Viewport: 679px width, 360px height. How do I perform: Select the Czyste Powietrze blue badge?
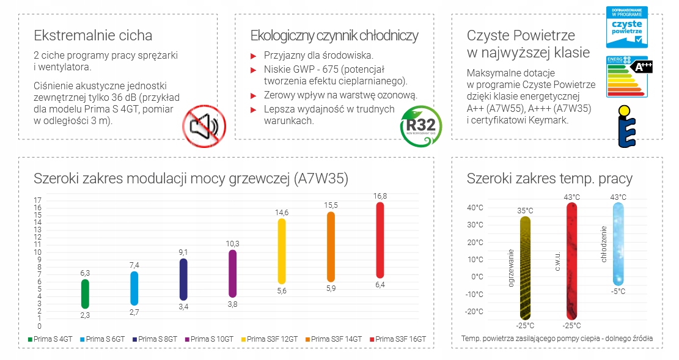click(626, 28)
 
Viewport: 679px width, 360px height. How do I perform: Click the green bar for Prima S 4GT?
click(85, 294)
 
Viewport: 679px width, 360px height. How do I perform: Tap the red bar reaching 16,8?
click(380, 240)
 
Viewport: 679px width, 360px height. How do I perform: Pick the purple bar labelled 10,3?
click(232, 274)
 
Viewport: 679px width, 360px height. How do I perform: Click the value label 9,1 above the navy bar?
click(183, 252)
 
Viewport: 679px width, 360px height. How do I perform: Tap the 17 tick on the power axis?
click(37, 200)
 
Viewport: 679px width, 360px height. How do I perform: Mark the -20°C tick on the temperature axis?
click(475, 312)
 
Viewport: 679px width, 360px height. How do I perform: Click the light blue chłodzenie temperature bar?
click(618, 244)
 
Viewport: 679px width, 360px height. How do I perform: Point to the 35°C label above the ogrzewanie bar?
click(525, 211)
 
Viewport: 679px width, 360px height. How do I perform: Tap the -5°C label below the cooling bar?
click(618, 292)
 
